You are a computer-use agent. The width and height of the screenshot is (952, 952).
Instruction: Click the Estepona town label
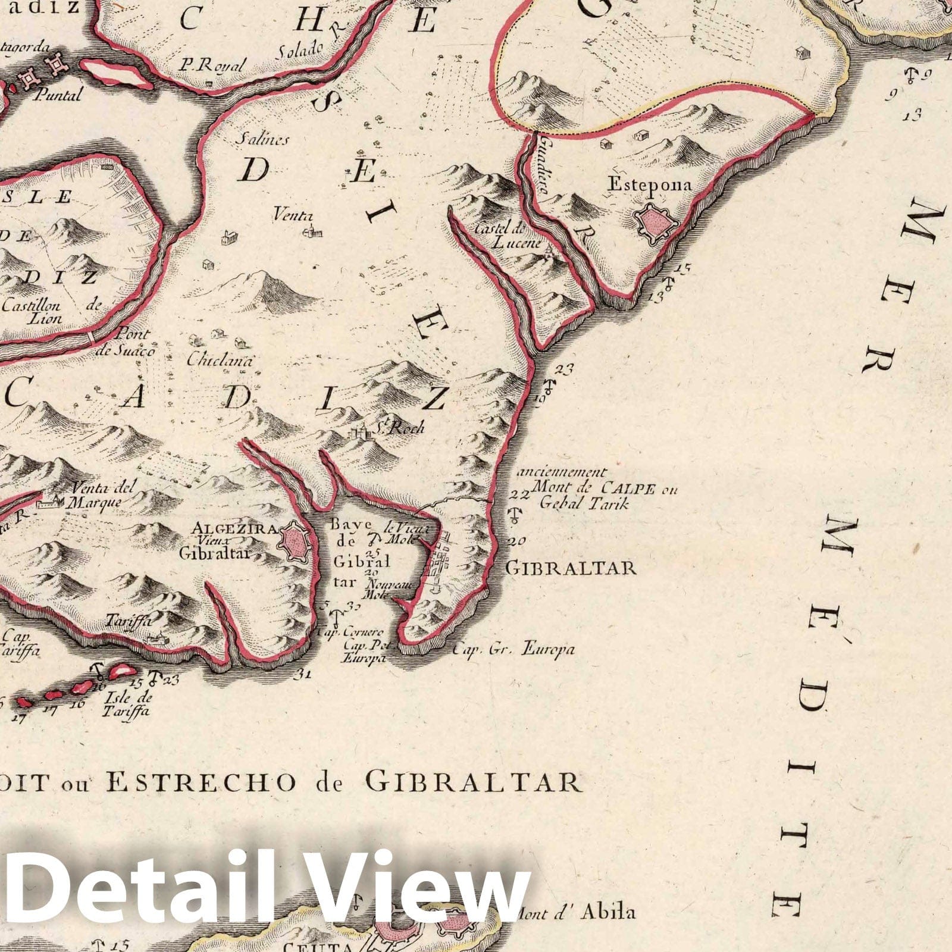pos(649,185)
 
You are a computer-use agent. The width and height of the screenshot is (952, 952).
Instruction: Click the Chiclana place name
pos(220,360)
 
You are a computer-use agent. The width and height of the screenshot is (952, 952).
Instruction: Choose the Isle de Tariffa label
pos(127,704)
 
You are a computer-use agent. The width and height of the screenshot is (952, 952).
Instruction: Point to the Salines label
pos(262,139)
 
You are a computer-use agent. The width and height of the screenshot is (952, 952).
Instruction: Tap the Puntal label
pos(58,95)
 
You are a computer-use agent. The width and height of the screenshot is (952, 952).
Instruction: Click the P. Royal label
pos(211,65)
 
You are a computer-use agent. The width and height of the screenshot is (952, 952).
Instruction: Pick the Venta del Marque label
pos(101,494)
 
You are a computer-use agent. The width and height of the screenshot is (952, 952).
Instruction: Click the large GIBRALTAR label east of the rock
pos(571,568)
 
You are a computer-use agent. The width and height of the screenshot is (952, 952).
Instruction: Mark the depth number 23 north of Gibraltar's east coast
pos(566,369)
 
